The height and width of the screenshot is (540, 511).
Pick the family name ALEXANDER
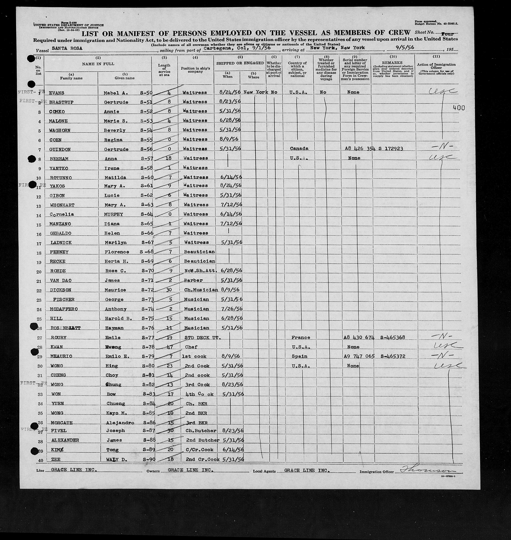65,440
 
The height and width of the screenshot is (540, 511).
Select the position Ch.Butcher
200,431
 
